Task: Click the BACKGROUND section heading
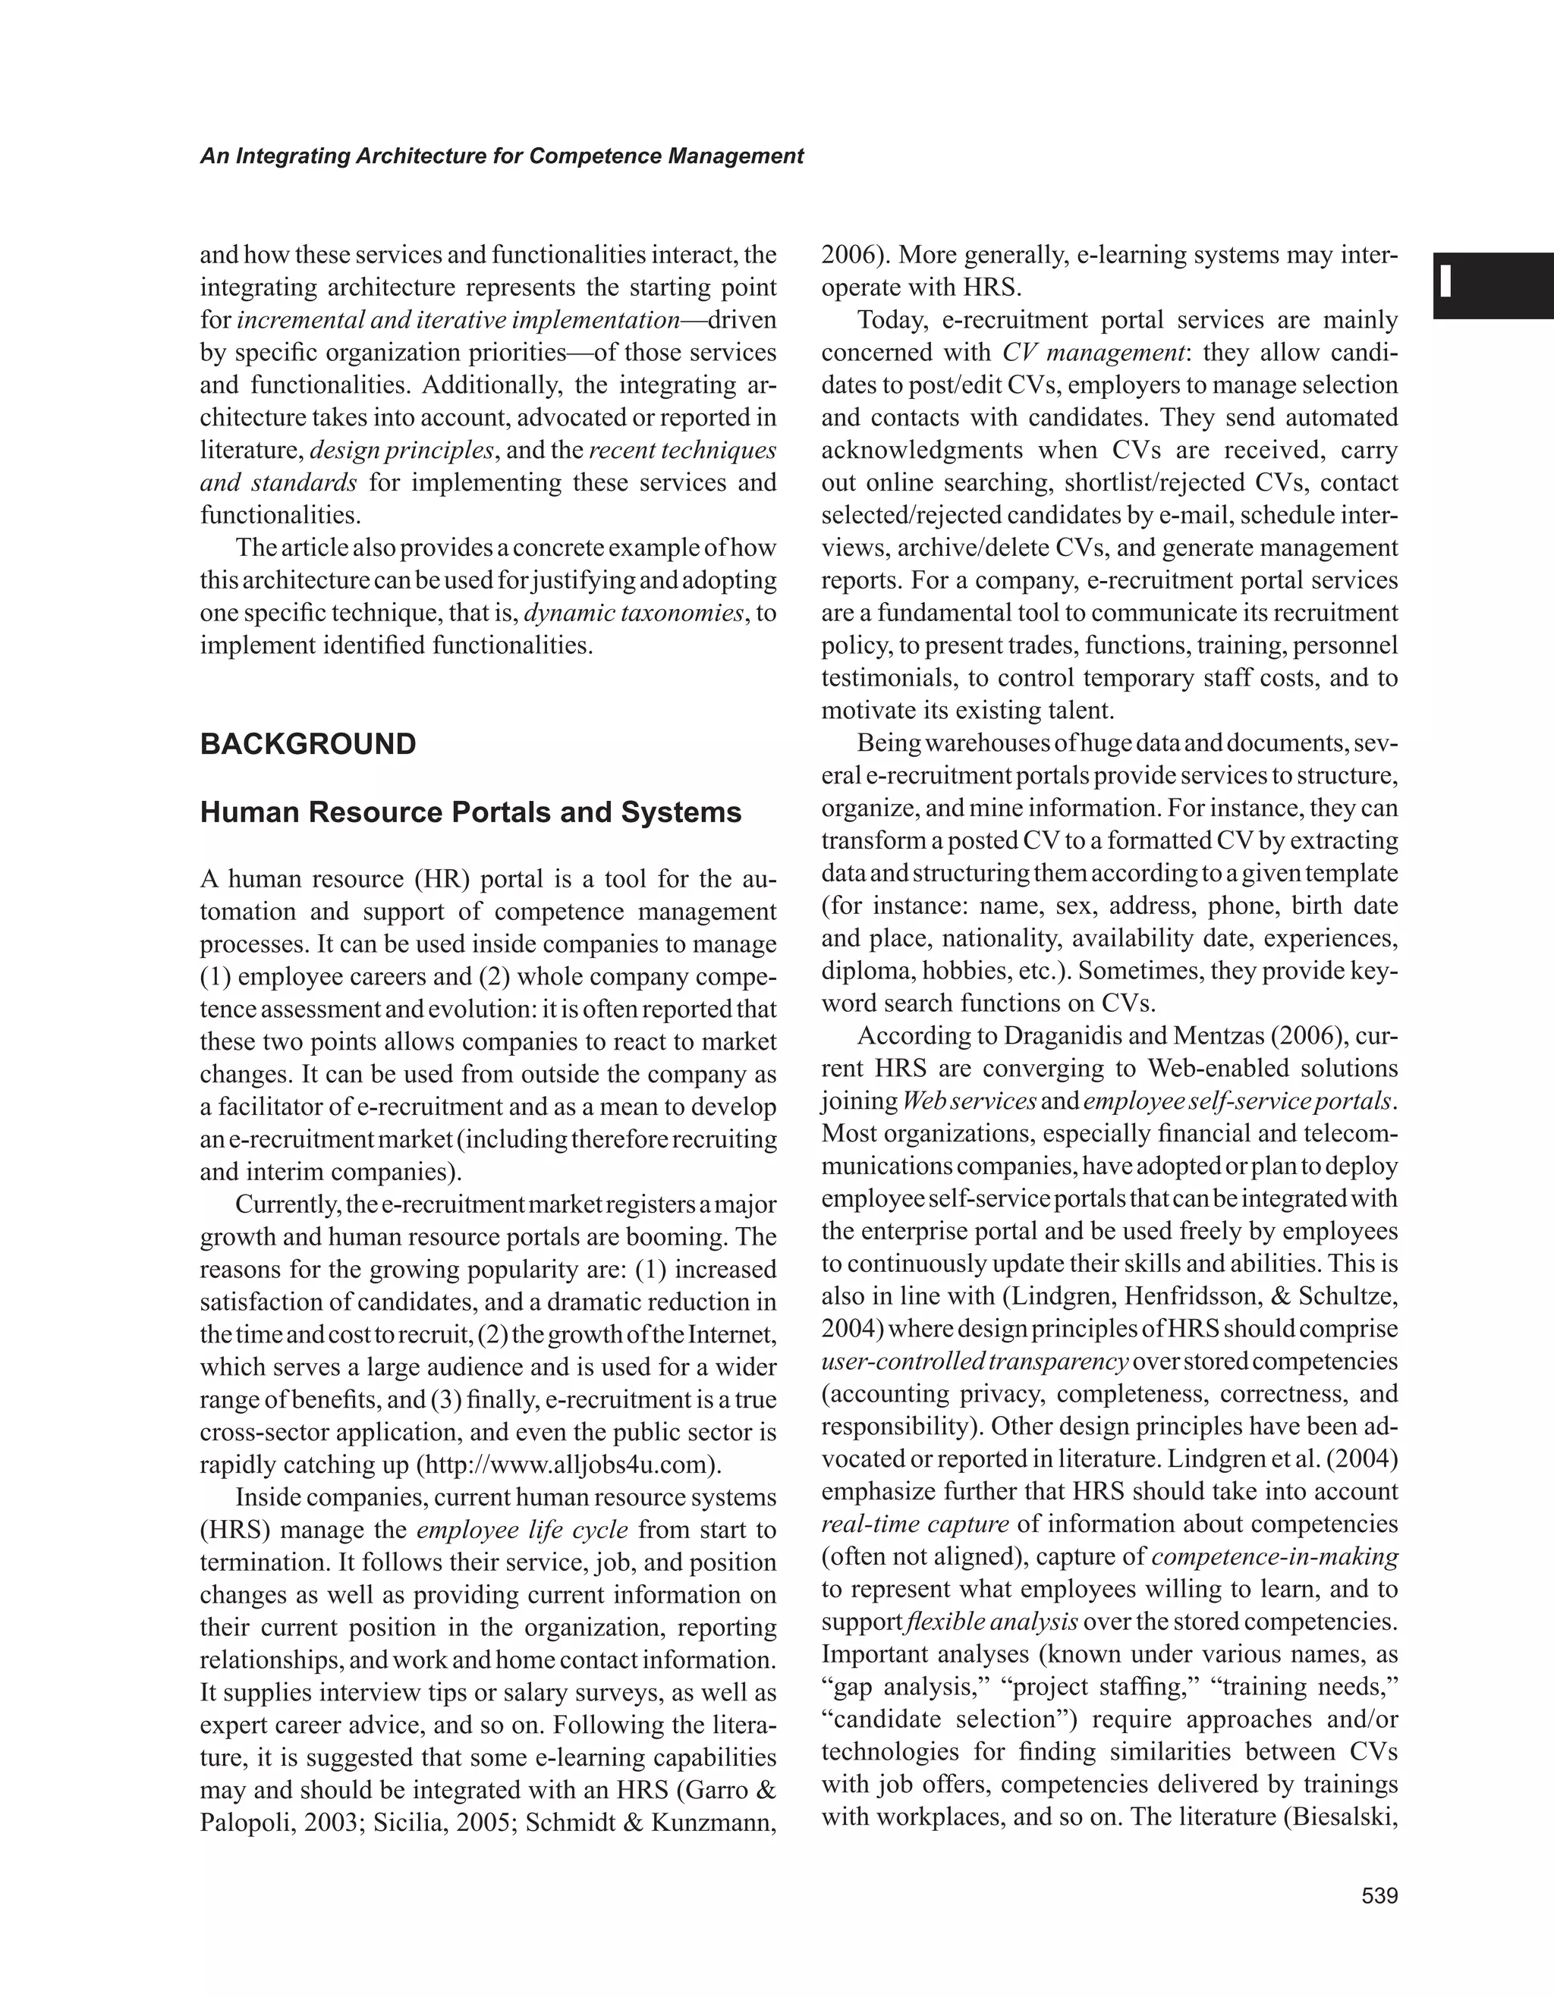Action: tap(307, 744)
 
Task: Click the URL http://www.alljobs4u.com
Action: tap(569, 1465)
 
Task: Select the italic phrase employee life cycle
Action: tap(522, 1530)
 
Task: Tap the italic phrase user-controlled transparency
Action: tap(975, 1361)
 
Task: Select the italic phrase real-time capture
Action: tap(914, 1524)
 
